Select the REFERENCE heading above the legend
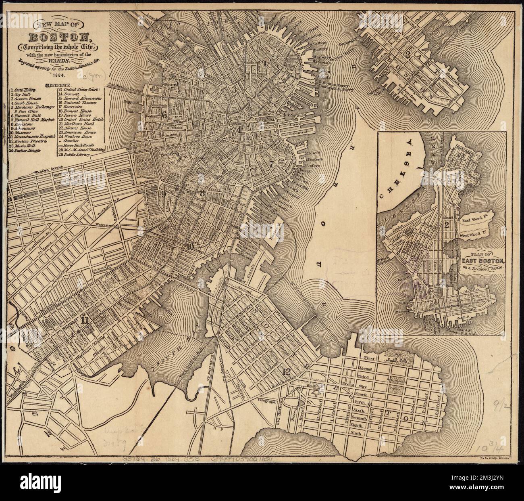59,86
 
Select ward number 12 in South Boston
287,371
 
